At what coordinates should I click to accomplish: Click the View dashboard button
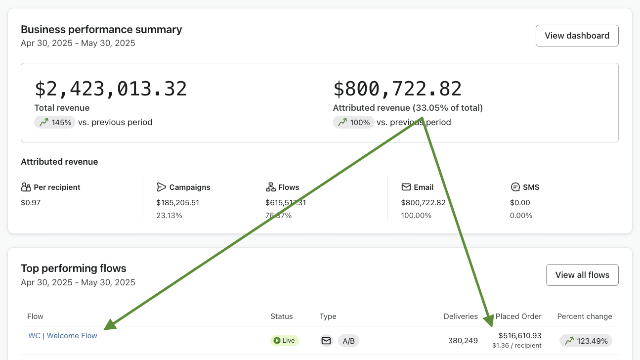click(x=577, y=36)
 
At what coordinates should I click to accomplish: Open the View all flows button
click(x=582, y=275)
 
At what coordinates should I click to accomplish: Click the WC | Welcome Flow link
click(x=63, y=335)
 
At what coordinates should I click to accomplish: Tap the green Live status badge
click(x=284, y=341)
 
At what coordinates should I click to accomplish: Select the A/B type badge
click(x=348, y=341)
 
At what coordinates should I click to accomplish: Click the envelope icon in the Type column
click(x=326, y=341)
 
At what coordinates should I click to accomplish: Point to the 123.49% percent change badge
click(x=586, y=341)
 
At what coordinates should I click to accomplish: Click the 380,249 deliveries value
click(x=463, y=341)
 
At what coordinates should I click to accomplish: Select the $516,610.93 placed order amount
click(x=520, y=335)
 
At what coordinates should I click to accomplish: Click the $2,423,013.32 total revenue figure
click(x=111, y=89)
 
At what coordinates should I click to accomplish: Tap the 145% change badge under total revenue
click(x=55, y=122)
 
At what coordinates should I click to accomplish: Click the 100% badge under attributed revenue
click(x=353, y=122)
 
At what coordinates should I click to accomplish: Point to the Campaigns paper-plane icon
click(x=161, y=187)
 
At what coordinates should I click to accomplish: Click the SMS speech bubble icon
click(x=515, y=187)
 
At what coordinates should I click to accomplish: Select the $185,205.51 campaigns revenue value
click(x=177, y=202)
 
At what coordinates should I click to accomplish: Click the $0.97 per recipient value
click(x=31, y=202)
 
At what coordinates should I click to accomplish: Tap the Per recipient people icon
click(x=26, y=187)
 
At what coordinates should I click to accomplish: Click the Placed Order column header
click(x=518, y=316)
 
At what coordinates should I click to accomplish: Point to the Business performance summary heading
click(x=101, y=30)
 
